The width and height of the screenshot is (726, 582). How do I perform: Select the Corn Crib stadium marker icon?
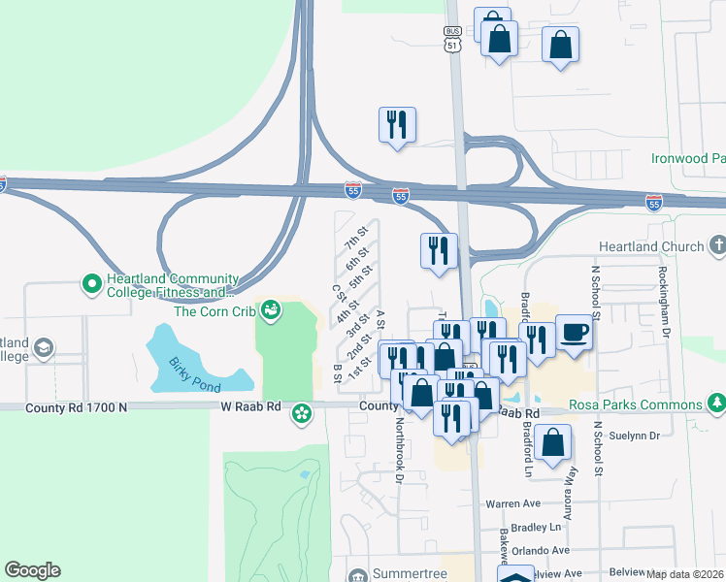point(271,310)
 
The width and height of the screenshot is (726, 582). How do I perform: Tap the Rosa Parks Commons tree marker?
point(716,403)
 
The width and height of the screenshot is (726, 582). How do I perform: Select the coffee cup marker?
point(574,334)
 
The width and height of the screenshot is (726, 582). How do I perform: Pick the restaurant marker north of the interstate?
point(397,125)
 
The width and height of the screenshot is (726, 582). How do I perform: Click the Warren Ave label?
point(512,504)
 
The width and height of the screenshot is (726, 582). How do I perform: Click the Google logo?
point(33,570)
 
